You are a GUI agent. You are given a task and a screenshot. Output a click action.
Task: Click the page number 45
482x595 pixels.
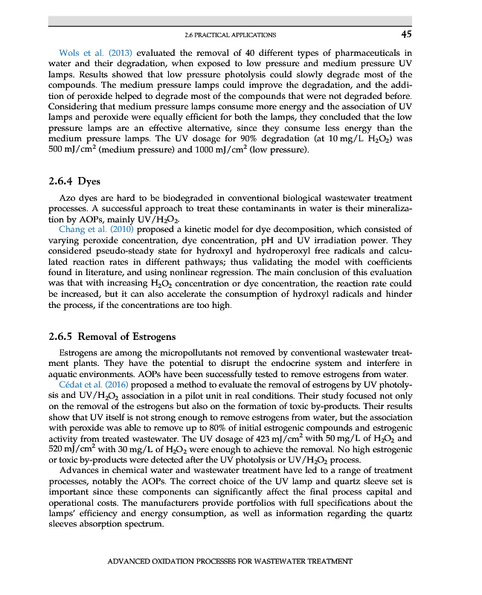tap(405, 33)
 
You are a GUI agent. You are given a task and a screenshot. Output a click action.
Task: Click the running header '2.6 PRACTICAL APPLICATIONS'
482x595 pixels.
tap(229, 34)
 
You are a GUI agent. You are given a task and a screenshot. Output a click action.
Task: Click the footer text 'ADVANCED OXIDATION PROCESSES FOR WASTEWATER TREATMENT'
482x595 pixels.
tap(229, 561)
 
